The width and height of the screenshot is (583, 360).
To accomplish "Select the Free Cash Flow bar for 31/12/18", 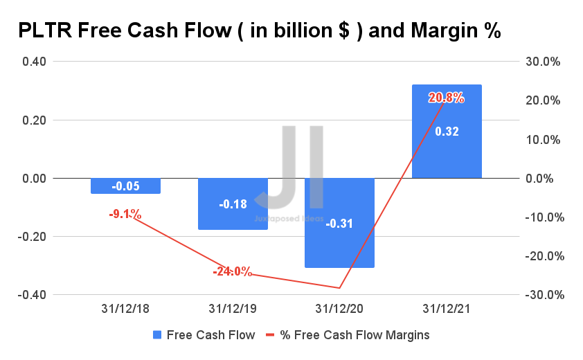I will tap(125, 186).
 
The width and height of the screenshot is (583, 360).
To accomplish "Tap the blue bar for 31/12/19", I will tap(233, 204).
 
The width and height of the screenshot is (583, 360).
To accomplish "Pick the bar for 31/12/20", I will tap(340, 223).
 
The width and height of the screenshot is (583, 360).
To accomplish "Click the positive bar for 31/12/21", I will tap(447, 132).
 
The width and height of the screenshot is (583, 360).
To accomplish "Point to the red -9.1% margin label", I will tap(125, 215).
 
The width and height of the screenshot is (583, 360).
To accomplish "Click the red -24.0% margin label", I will tap(233, 271).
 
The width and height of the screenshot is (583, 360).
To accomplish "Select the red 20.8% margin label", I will tap(447, 98).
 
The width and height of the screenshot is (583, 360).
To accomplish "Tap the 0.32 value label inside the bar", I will tap(447, 131).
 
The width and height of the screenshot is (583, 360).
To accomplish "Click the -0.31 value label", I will tap(340, 223).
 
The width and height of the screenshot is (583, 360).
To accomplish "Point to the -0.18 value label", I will tap(233, 204).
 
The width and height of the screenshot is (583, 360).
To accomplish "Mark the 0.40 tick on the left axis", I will tap(35, 62).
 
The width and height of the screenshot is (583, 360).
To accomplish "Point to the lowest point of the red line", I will tap(340, 288).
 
